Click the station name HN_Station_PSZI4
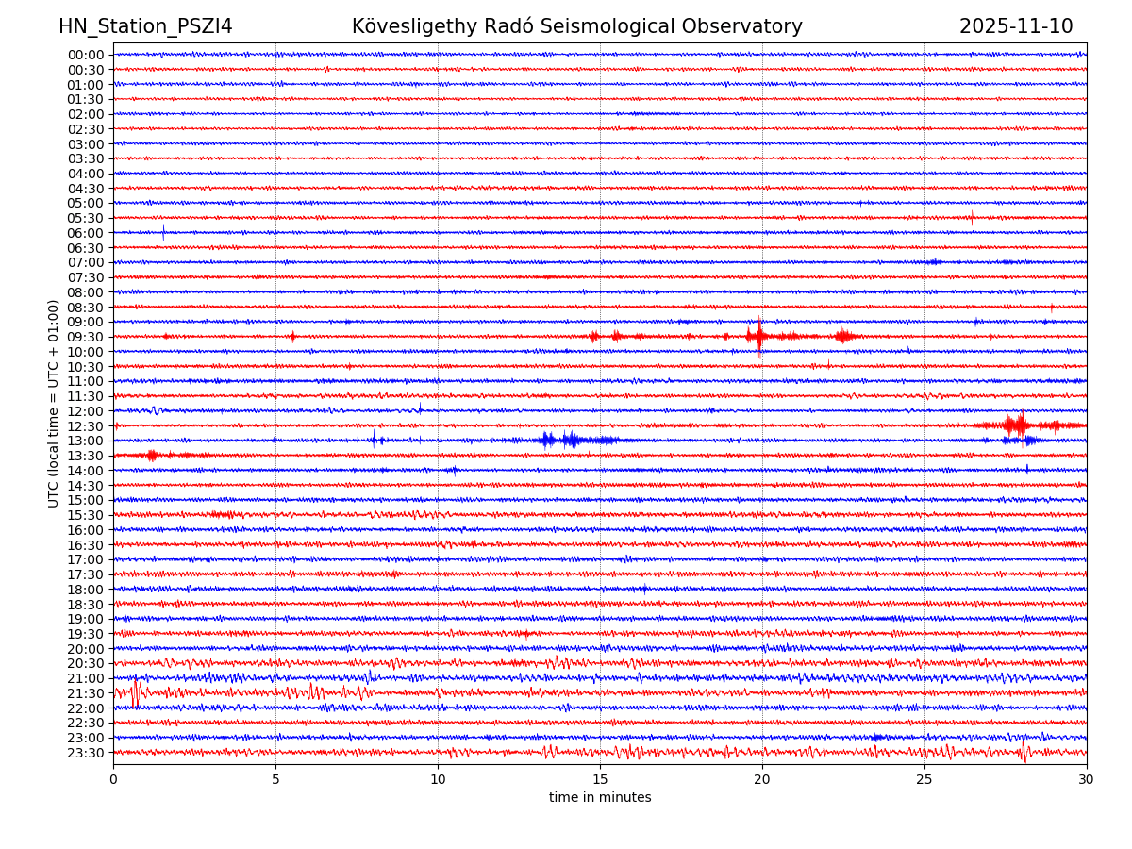(145, 26)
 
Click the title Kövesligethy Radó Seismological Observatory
(576, 26)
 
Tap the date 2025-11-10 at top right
(1015, 26)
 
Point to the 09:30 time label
(86, 337)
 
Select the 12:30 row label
(86, 426)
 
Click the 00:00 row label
(86, 55)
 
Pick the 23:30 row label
(86, 753)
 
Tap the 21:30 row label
(86, 693)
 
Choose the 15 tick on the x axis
(600, 780)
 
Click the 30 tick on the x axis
(1087, 780)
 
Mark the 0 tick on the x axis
(113, 780)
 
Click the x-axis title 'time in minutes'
(600, 797)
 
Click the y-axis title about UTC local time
(54, 403)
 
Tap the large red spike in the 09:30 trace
(759, 335)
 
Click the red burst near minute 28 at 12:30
(1017, 424)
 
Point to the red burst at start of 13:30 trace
(152, 456)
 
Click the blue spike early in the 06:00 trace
(163, 232)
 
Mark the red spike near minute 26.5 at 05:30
(972, 218)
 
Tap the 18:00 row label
(86, 590)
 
